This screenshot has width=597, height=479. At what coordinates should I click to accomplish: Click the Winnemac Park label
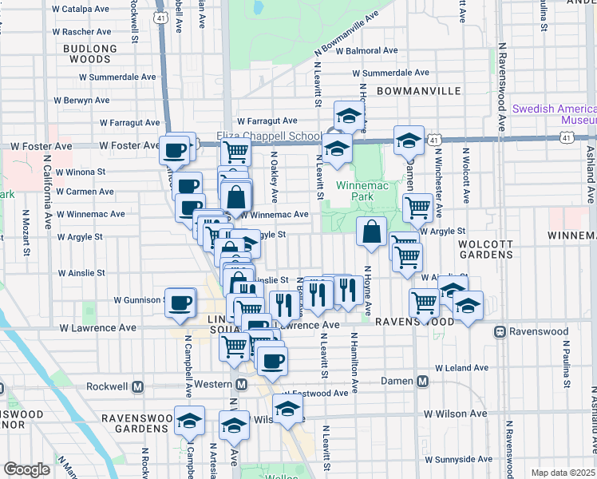pos(355,190)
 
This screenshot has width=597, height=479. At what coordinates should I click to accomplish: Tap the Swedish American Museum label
pos(554,114)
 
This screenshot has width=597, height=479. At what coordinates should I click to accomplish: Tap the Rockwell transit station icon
pos(137,387)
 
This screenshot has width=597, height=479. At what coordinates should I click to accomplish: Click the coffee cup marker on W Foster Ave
pos(176,148)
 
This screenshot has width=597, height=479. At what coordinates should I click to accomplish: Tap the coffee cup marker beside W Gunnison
pos(181,302)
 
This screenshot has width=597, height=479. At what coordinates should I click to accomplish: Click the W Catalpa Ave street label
pos(80,10)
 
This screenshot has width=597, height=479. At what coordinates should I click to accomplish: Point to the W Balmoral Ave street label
pos(366,50)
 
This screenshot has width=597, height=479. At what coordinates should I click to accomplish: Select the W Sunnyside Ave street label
pos(457,459)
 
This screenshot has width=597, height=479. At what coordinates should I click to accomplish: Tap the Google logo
pos(26,469)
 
